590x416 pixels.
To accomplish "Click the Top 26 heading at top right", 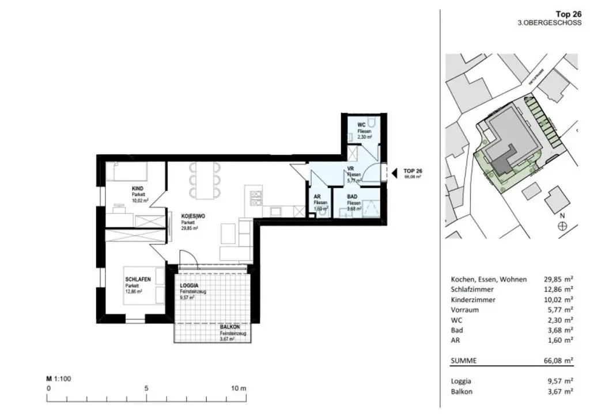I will (x=567, y=14).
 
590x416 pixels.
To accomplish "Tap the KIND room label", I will (x=137, y=189).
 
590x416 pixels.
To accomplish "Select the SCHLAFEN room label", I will (x=138, y=280).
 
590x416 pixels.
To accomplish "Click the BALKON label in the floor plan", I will (x=229, y=327).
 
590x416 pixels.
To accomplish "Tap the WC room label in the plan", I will (x=361, y=125).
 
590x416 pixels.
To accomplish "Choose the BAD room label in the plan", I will (x=353, y=197).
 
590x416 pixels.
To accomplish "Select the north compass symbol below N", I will (x=562, y=227).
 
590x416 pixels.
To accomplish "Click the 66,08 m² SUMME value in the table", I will (x=558, y=361).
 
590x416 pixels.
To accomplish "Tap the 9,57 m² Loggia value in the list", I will (x=558, y=381).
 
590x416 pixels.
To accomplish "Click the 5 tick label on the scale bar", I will (x=146, y=388).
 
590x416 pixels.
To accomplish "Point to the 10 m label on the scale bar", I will (x=239, y=388).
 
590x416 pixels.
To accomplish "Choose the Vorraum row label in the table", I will (x=466, y=310).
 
